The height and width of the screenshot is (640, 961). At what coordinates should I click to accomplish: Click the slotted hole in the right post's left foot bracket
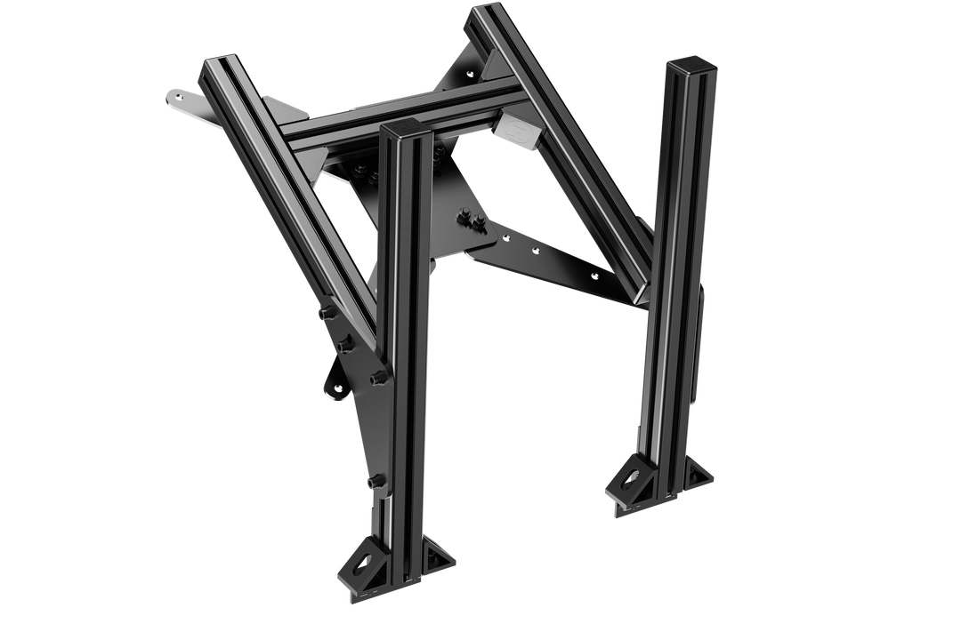click(x=626, y=477)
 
